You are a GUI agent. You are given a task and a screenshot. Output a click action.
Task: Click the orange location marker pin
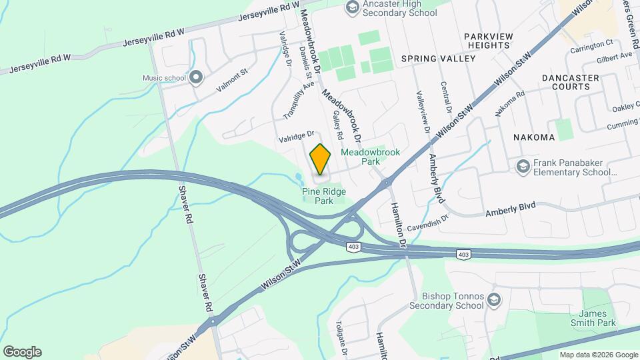[320, 159]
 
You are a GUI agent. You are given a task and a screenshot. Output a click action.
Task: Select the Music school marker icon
[195, 78]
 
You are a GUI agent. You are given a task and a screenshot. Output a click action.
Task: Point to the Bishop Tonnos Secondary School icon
[494, 297]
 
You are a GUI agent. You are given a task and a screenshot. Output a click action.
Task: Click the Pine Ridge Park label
[323, 195]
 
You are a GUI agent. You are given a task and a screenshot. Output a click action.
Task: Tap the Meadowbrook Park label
[370, 157]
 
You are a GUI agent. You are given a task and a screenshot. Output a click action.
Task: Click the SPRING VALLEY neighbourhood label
[439, 59]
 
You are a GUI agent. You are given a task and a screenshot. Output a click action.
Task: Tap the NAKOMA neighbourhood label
[533, 137]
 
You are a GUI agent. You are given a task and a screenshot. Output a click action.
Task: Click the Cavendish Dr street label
[425, 221]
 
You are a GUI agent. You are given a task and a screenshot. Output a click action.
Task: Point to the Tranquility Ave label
[299, 100]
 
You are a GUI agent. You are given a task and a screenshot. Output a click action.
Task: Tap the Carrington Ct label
[595, 43]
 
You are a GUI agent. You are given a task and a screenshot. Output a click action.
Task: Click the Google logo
[22, 351]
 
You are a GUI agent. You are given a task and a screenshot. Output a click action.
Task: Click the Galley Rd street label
[337, 125]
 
